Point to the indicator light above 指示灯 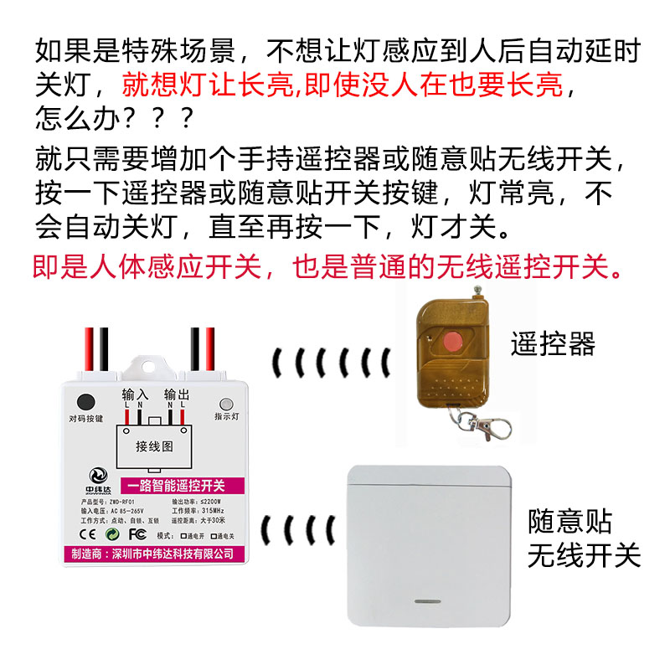(226, 403)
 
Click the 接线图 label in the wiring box (154, 446)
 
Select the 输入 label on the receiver (135, 394)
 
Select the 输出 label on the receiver (177, 394)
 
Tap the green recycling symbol (111, 533)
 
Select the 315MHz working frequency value (214, 511)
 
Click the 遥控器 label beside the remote (553, 344)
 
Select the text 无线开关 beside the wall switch (584, 555)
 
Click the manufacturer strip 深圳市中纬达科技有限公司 (154, 554)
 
